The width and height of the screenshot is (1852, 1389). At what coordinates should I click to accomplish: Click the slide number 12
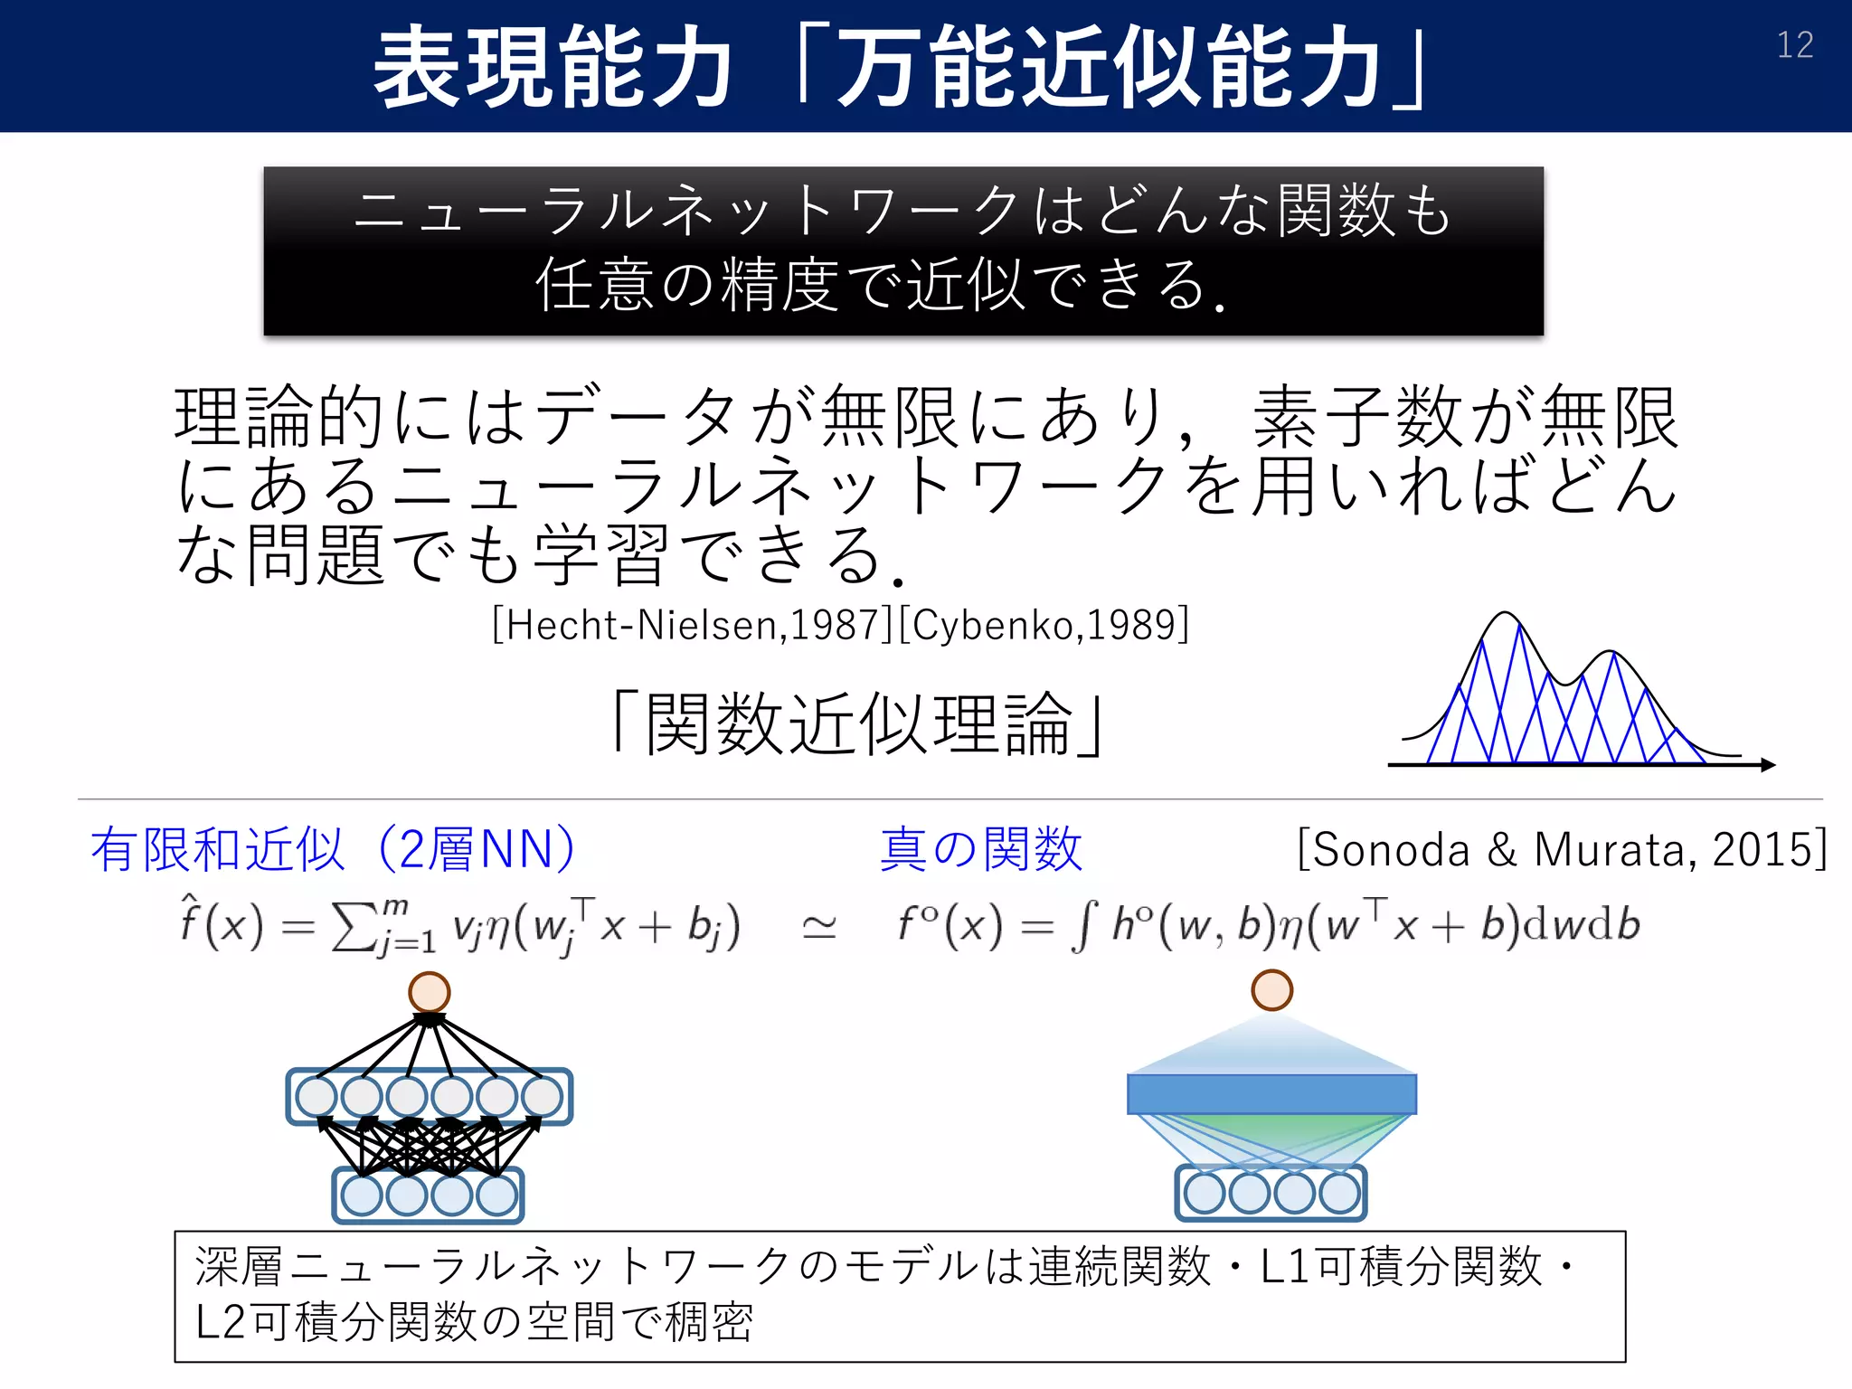click(x=1795, y=45)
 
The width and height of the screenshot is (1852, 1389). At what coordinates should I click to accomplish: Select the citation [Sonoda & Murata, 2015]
click(x=1562, y=849)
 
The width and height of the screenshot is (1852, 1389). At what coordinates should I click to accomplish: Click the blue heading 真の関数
click(x=981, y=849)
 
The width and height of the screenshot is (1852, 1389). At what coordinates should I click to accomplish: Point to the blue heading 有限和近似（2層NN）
click(x=333, y=849)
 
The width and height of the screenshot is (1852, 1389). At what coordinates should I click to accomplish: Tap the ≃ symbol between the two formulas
click(x=819, y=928)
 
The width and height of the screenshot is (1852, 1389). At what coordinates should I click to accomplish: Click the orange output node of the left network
click(x=430, y=992)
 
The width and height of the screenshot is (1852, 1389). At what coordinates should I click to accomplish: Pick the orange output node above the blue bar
click(x=1271, y=990)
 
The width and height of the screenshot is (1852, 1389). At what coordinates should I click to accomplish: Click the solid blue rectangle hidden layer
click(x=1271, y=1094)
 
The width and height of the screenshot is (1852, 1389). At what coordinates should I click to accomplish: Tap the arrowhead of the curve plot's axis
click(x=1768, y=765)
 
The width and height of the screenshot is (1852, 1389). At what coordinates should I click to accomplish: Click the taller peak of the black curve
click(x=1504, y=615)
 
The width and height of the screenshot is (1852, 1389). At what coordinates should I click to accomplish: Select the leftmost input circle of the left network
click(x=362, y=1195)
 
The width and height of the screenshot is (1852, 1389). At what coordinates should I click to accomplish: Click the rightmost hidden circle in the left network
click(x=542, y=1097)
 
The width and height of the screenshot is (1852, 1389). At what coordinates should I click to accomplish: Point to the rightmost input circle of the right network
click(x=1339, y=1193)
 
